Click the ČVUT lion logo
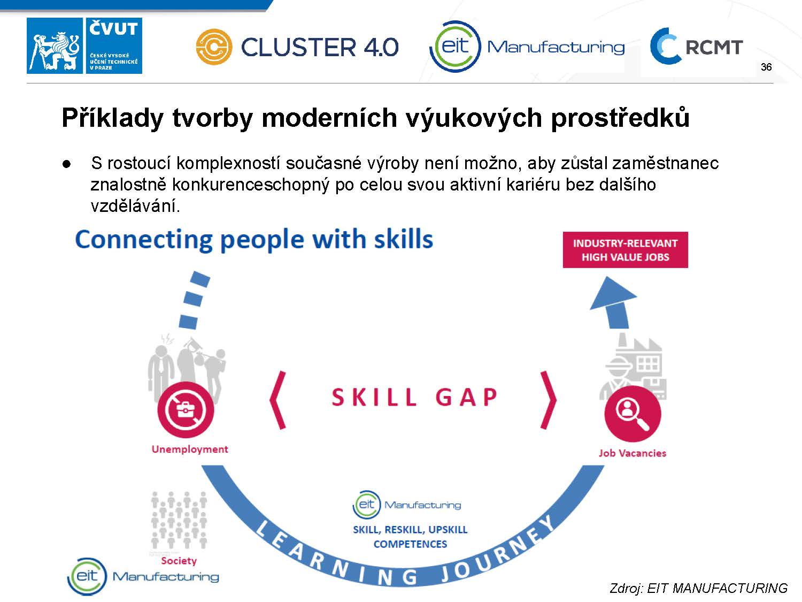coord(55,45)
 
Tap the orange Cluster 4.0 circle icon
coord(214,47)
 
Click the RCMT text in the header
coord(714,47)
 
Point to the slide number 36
coord(766,67)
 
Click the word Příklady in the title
coord(112,118)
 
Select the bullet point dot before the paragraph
coord(66,164)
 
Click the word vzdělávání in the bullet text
coord(136,206)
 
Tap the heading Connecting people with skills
coord(254,240)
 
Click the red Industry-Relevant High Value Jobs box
coord(625,250)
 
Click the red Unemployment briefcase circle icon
coord(186,410)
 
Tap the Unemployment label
coord(190,449)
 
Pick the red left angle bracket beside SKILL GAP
coord(277,400)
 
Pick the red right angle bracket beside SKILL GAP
coord(549,400)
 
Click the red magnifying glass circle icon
coord(633,414)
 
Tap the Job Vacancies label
coord(633,453)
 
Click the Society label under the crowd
coord(179,561)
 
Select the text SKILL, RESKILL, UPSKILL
coord(410,530)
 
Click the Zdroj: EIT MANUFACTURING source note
coord(698,589)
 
